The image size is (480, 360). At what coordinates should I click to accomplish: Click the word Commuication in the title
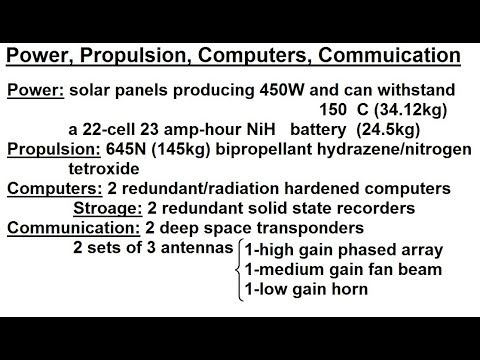(392, 55)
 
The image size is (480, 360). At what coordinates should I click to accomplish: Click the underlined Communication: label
(68, 228)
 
